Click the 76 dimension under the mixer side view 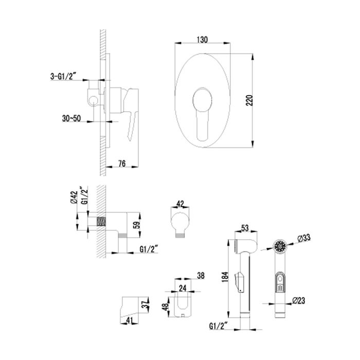tap(123, 164)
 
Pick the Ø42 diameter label tap(74, 198)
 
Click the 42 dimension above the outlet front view tap(179, 203)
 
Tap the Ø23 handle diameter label tap(302, 300)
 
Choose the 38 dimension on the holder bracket tap(201, 276)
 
